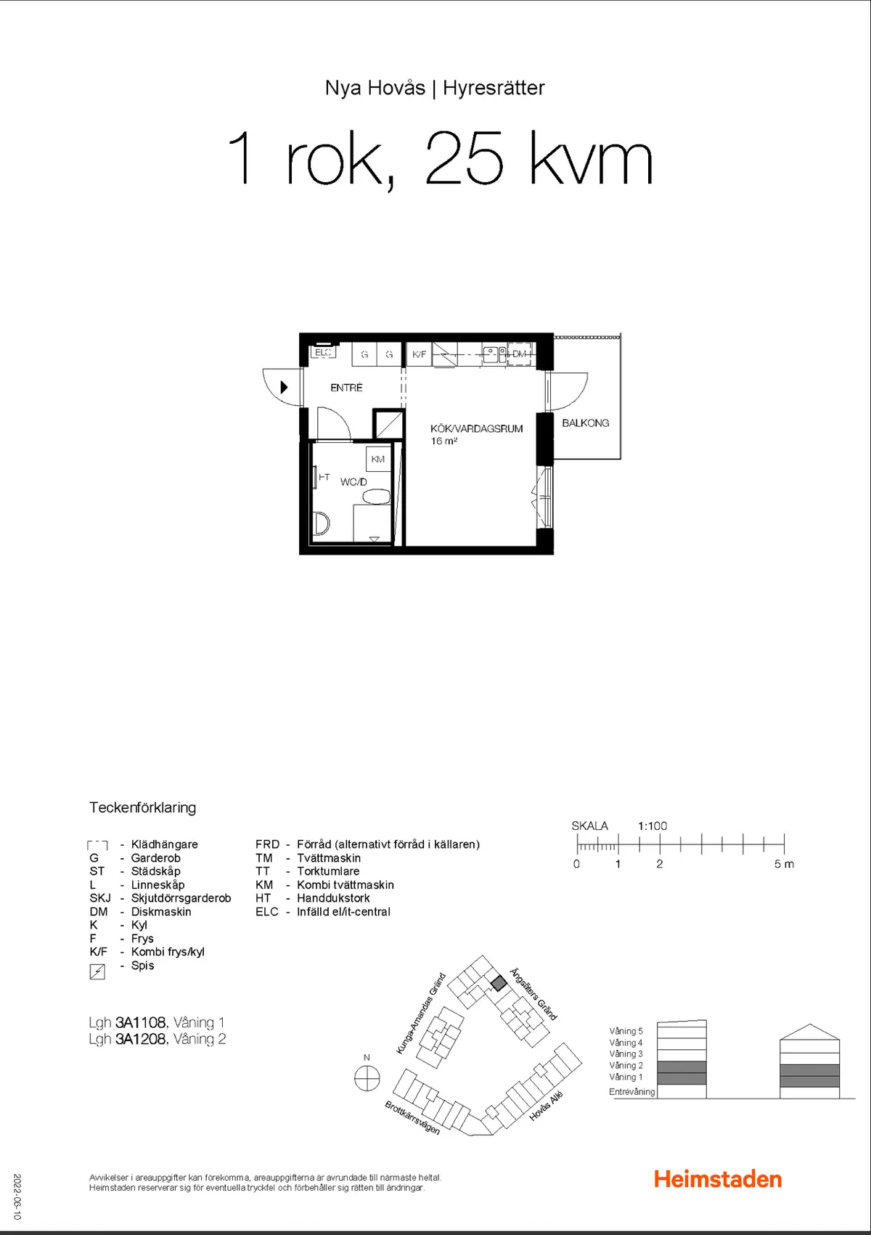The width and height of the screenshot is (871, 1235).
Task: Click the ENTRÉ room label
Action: pyautogui.click(x=346, y=388)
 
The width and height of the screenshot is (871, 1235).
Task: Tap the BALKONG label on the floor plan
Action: pyautogui.click(x=586, y=423)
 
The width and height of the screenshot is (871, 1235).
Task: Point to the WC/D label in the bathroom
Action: pyautogui.click(x=353, y=482)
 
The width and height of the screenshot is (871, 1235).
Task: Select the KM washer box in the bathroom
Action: pyautogui.click(x=377, y=460)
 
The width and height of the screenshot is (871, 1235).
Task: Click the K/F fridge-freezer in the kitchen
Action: pyautogui.click(x=419, y=354)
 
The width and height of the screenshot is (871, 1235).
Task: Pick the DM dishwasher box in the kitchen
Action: pyautogui.click(x=519, y=354)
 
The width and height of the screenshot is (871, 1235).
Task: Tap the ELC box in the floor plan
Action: pyautogui.click(x=323, y=351)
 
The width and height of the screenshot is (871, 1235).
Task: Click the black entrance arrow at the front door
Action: pyautogui.click(x=284, y=387)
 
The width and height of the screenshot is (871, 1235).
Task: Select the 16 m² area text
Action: pyautogui.click(x=443, y=441)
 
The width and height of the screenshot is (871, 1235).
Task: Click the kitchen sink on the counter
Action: pyautogui.click(x=494, y=354)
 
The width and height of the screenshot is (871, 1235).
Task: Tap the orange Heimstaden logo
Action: pyautogui.click(x=718, y=1179)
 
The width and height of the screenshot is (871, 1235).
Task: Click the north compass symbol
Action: pyautogui.click(x=367, y=1077)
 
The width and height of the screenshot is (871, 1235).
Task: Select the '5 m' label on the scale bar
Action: pyautogui.click(x=784, y=864)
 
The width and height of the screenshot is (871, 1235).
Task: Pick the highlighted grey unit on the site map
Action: pyautogui.click(x=499, y=984)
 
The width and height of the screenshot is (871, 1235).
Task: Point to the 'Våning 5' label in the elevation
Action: pyautogui.click(x=626, y=1031)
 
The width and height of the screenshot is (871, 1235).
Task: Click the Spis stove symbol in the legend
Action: pyautogui.click(x=97, y=971)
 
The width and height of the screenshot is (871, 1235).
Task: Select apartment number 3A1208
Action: pyautogui.click(x=141, y=1039)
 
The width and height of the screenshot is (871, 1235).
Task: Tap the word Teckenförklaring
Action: pyautogui.click(x=143, y=807)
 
